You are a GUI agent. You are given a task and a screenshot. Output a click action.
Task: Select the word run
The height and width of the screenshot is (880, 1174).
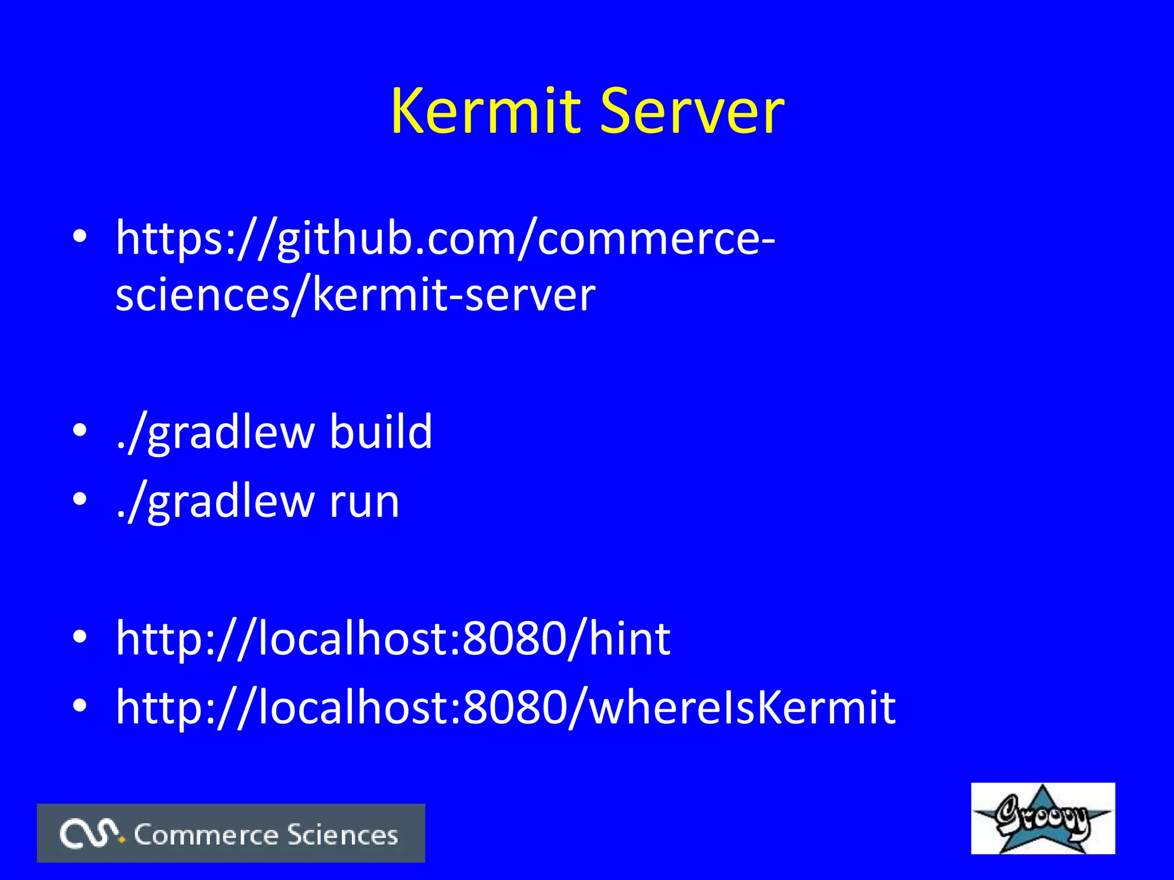click(x=364, y=501)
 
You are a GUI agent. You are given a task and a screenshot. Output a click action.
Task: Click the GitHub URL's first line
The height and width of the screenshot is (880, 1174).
click(x=445, y=238)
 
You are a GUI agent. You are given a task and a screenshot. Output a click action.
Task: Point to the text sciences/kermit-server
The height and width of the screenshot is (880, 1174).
click(x=355, y=295)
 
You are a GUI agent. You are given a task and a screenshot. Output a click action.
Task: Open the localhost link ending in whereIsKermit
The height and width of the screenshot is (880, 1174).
click(x=506, y=707)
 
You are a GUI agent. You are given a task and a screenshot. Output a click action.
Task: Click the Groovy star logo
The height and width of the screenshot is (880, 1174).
click(x=1043, y=818)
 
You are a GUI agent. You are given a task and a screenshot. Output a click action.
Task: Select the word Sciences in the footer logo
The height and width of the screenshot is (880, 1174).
click(x=342, y=835)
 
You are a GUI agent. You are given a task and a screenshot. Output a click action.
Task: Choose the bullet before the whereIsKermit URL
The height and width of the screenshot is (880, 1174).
click(x=80, y=705)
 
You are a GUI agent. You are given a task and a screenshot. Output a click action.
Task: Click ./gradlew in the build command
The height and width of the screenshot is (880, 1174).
click(x=215, y=433)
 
